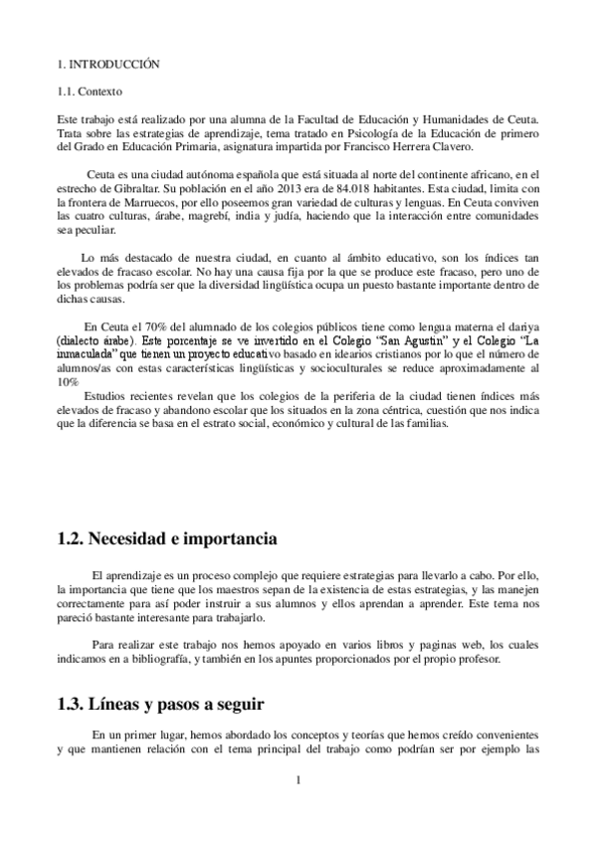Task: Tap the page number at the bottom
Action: [x=298, y=780]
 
